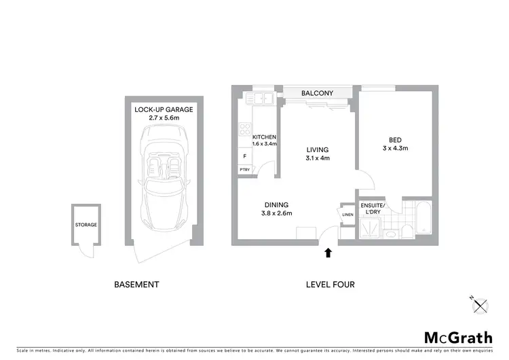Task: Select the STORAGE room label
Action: coord(86,225)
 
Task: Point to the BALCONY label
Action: coord(317,93)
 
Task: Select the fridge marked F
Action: coord(244,156)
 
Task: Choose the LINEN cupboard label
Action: coord(347,215)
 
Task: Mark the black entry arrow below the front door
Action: coord(328,253)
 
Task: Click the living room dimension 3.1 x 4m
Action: coord(317,158)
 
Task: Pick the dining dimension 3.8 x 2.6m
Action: coord(277,213)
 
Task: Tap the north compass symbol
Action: coord(483,305)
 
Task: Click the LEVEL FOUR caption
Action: coord(331,285)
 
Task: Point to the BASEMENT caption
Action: coord(136,285)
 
